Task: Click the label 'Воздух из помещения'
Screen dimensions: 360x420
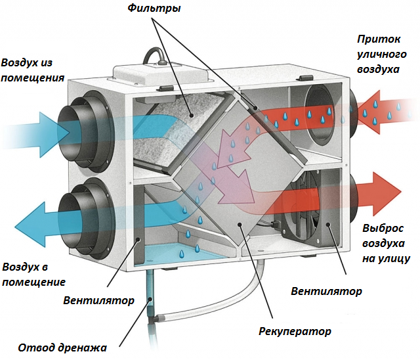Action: point(33,70)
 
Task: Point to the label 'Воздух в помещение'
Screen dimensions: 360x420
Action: point(33,275)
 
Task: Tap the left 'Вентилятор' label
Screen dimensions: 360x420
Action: point(99,300)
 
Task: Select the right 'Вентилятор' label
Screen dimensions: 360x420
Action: point(326,290)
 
